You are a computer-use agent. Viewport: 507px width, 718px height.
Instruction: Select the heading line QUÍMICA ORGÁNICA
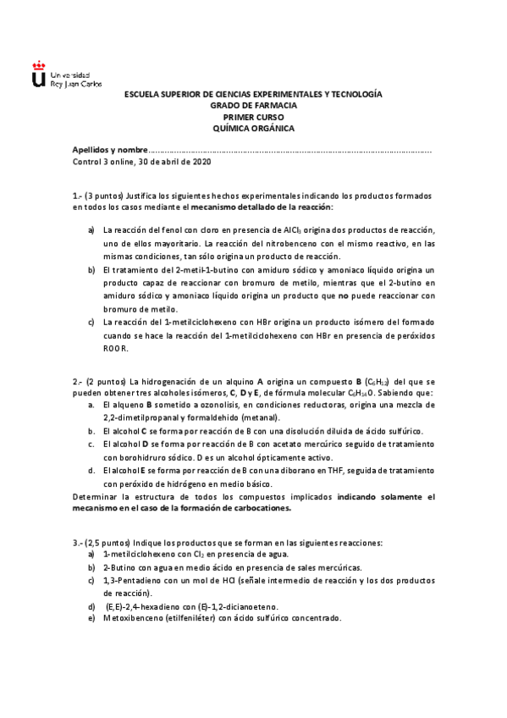(x=253, y=128)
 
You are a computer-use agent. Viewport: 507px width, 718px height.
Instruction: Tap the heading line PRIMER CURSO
(x=253, y=117)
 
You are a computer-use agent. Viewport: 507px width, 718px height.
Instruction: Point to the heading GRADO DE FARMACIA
(x=253, y=105)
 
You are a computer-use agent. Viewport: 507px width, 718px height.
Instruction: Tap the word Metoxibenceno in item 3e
(x=135, y=618)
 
